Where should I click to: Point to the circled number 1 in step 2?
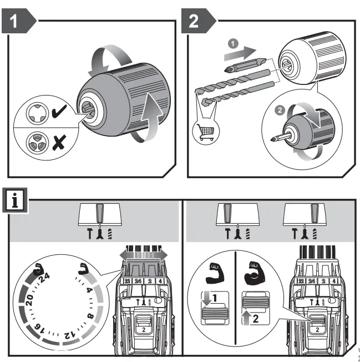click(x=234, y=42)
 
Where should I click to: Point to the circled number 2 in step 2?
click(x=282, y=109)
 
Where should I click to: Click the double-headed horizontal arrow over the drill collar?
click(x=143, y=253)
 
